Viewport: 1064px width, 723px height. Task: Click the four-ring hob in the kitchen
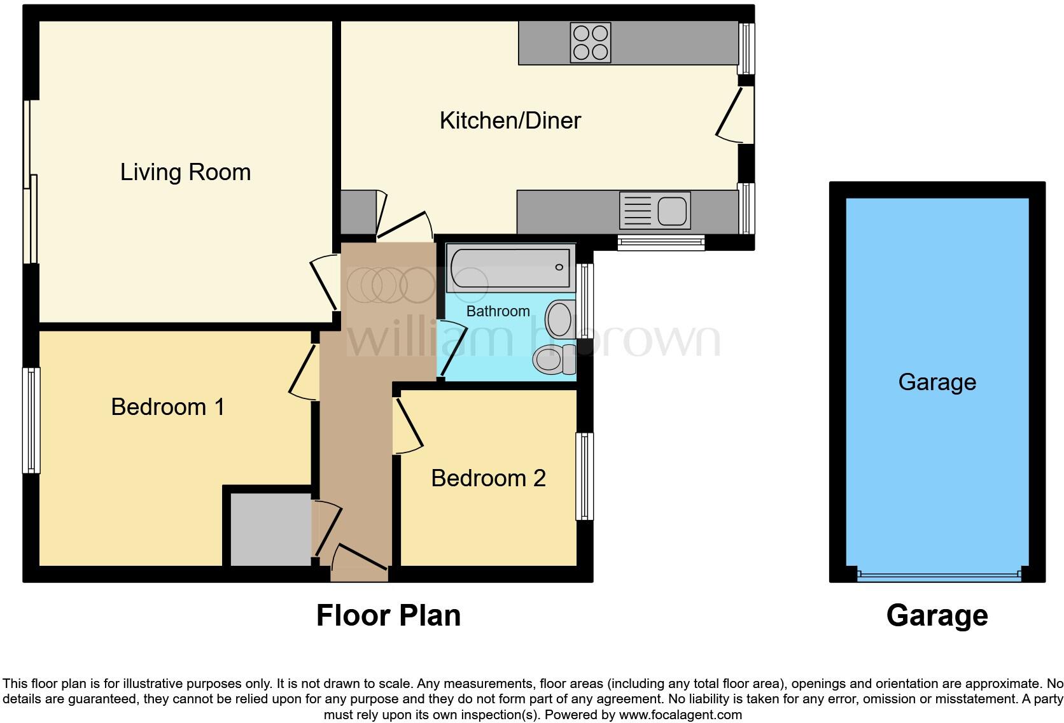(x=591, y=43)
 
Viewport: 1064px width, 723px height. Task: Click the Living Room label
(x=185, y=172)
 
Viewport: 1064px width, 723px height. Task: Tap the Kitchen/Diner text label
(x=510, y=120)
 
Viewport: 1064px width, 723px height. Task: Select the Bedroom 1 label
(x=167, y=407)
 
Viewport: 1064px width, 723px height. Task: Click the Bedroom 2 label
(x=488, y=478)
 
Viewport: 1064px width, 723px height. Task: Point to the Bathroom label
(x=498, y=311)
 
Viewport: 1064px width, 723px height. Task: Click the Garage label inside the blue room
(x=937, y=382)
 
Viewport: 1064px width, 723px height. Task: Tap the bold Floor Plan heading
(x=388, y=615)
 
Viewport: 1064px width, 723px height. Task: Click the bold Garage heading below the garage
(x=937, y=615)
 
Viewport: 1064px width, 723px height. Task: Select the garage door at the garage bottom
(x=938, y=576)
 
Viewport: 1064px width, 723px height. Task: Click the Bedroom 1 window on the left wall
(x=31, y=420)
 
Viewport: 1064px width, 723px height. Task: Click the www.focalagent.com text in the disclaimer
(x=680, y=715)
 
